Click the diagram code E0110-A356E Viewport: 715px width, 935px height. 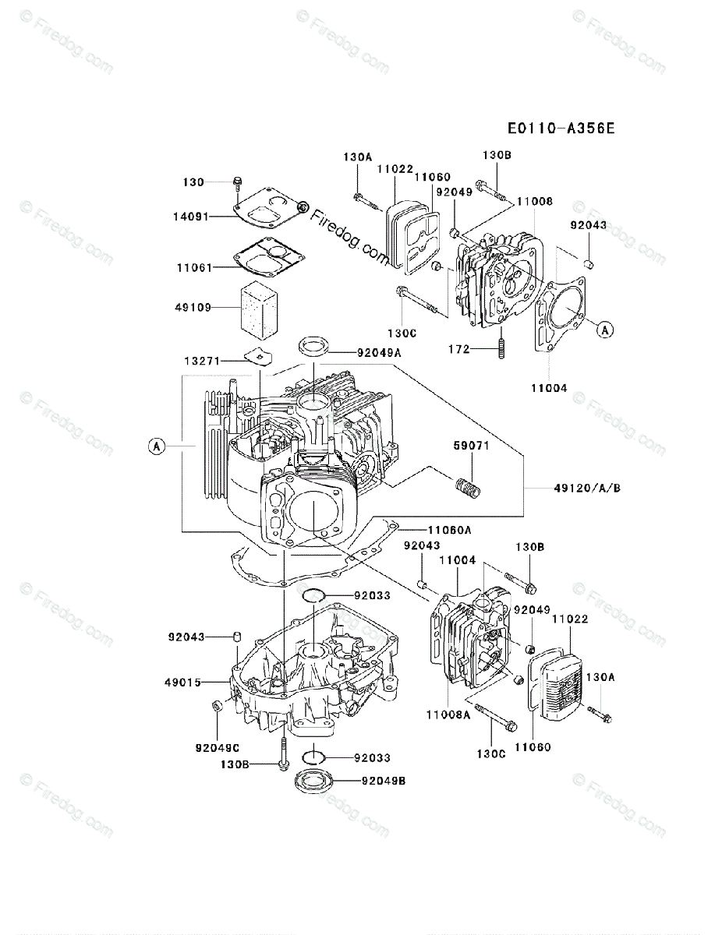(559, 128)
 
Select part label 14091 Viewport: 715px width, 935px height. (191, 217)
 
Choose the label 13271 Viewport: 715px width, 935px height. (201, 361)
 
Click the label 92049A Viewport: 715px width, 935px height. (379, 352)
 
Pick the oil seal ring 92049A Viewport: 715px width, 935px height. (314, 344)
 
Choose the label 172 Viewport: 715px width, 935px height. (459, 349)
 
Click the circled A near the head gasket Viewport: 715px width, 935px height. (604, 330)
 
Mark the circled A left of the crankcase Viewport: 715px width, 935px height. (157, 446)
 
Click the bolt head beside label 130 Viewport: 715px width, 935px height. (236, 183)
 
